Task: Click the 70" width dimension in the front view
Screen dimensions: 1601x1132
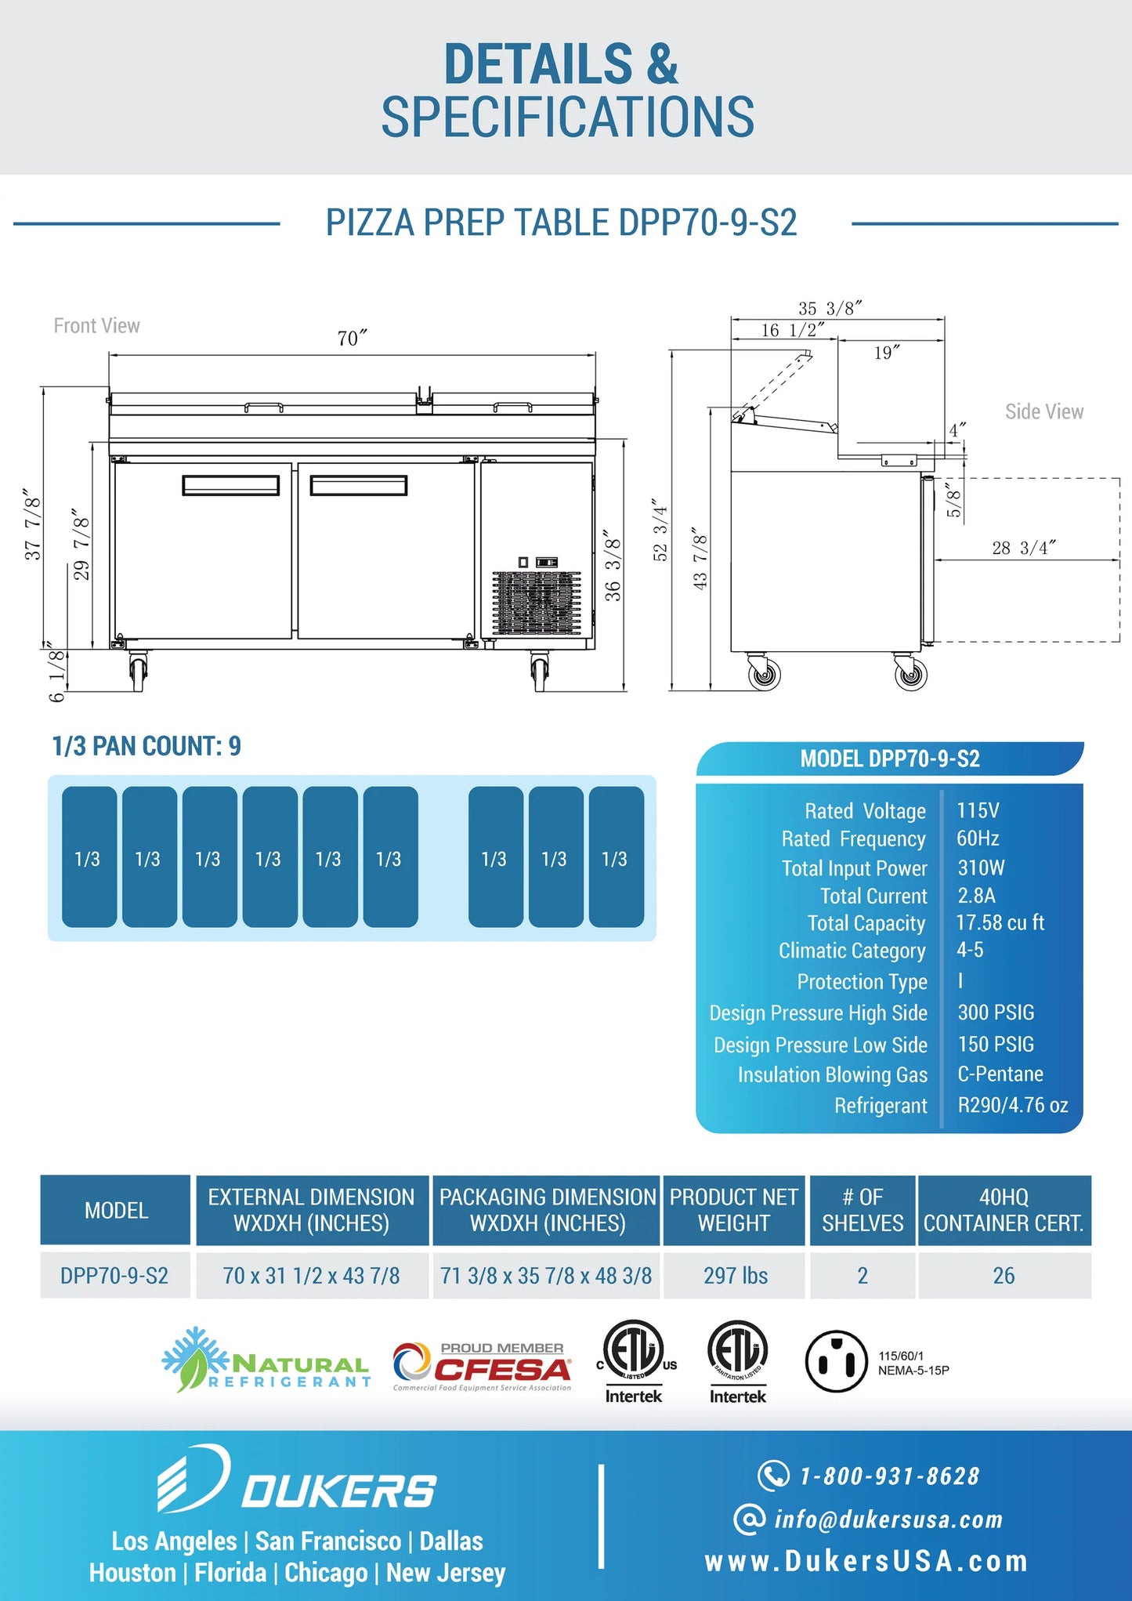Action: pos(352,339)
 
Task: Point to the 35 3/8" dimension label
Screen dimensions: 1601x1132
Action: pos(830,309)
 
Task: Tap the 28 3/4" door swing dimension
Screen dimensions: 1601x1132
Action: pos(1023,548)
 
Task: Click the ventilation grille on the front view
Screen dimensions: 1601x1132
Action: pos(537,602)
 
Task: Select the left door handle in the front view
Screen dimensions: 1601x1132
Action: pos(230,486)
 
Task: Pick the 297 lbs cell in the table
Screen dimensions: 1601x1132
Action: pos(735,1276)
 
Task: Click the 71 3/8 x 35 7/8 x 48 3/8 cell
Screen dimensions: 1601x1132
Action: pos(546,1276)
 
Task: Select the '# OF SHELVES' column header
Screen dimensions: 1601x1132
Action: pos(863,1210)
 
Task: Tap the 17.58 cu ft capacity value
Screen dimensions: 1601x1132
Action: pos(1000,922)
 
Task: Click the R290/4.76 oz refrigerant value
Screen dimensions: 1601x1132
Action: pos(1012,1105)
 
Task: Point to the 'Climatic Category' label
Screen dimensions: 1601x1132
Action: pos(852,951)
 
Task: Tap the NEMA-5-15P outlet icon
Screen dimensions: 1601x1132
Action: pos(836,1361)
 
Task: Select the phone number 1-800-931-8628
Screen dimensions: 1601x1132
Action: pos(889,1476)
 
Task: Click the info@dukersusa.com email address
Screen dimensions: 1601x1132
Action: pos(888,1520)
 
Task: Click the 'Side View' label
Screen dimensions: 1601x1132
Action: pos(1044,411)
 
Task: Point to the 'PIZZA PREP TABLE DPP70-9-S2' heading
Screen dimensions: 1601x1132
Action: pos(561,223)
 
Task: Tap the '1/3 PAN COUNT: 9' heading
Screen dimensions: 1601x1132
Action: pos(146,746)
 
